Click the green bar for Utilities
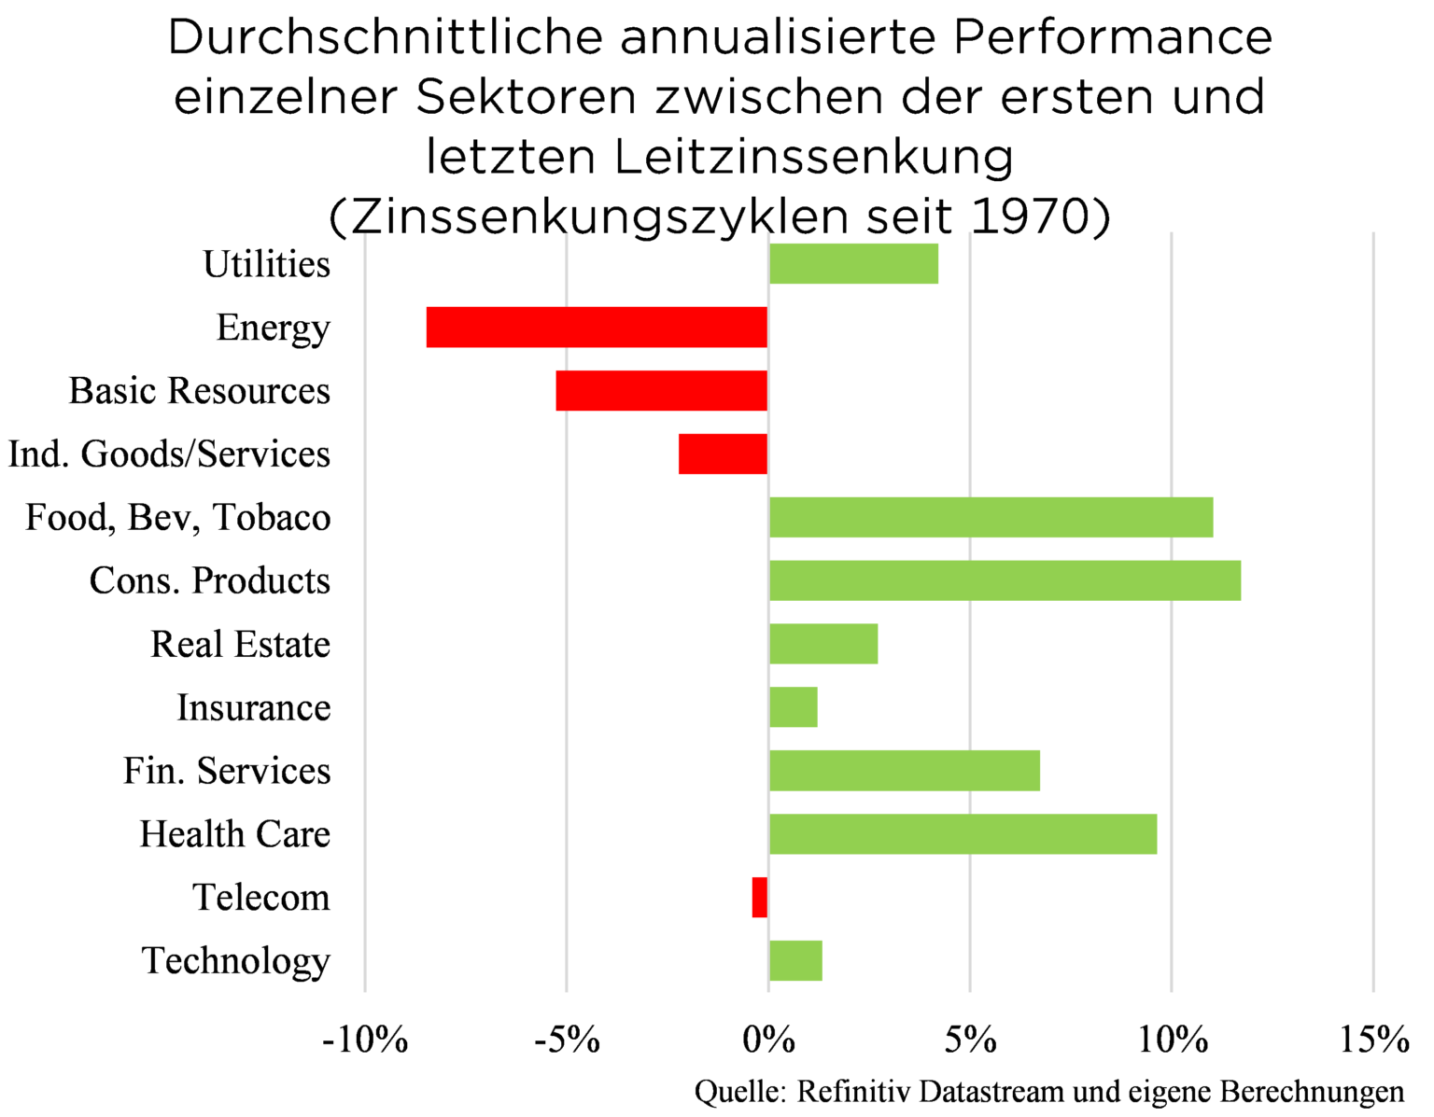tap(853, 263)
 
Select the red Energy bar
tap(597, 327)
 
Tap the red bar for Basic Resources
tap(661, 390)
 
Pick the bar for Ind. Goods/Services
tap(723, 454)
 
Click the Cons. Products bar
tap(1005, 580)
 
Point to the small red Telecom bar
tap(759, 897)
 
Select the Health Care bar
tap(963, 833)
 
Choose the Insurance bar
tap(793, 706)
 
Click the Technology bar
tap(795, 960)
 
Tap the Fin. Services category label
tap(227, 771)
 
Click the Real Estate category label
tap(240, 644)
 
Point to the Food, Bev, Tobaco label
tap(177, 517)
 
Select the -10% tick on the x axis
tap(365, 1039)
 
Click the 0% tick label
tap(768, 1039)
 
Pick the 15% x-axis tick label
tap(1373, 1039)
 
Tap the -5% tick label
tap(567, 1039)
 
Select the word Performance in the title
tap(1113, 37)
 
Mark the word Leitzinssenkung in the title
tap(813, 157)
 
